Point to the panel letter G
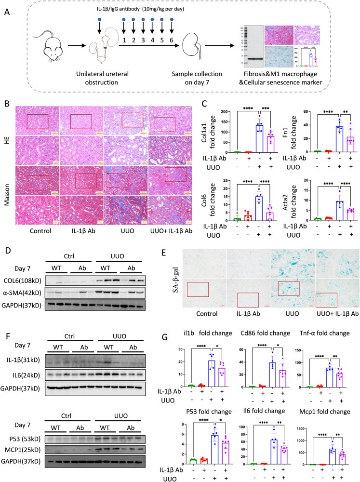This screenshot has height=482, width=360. coord(184,334)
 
